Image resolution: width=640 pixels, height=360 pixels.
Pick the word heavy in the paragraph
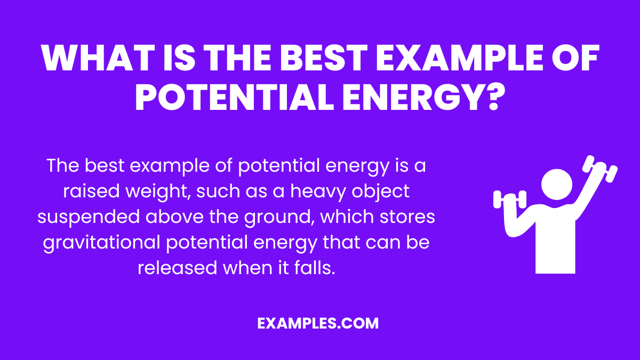point(300,191)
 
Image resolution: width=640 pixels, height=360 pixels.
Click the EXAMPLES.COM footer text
point(318,323)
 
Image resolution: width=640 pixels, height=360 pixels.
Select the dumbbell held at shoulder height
point(509,199)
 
